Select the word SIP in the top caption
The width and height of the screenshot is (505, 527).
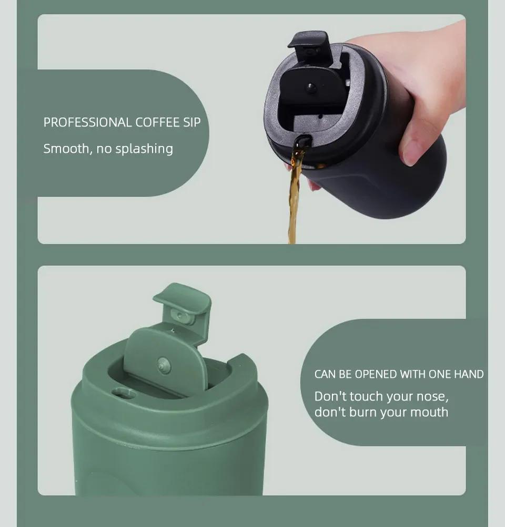(191, 123)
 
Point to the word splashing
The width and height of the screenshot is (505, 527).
(144, 149)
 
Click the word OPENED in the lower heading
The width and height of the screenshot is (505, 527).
(376, 375)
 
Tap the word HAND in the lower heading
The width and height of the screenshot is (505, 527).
(469, 375)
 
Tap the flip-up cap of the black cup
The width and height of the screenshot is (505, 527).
(309, 45)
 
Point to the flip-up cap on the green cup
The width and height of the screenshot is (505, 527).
(182, 300)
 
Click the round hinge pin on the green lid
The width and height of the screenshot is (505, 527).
(164, 365)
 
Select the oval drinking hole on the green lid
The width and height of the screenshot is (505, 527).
(124, 393)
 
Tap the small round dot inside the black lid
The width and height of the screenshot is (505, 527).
(311, 88)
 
